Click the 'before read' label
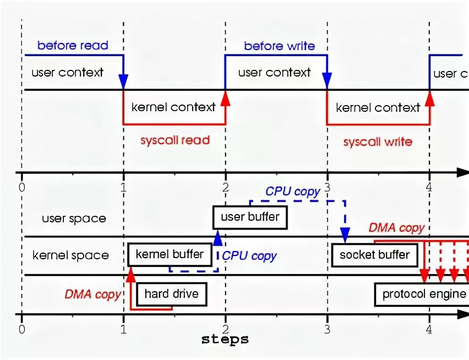click(73, 46)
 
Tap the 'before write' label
click(280, 46)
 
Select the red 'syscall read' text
click(175, 140)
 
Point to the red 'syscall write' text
click(378, 141)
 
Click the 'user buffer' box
click(250, 217)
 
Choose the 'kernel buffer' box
click(170, 255)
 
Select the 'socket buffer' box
click(374, 255)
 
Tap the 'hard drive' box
click(172, 294)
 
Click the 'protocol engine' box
click(422, 294)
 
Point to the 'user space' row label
click(74, 219)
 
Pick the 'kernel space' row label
click(70, 255)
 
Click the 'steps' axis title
click(225, 340)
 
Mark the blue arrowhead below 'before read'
click(123, 81)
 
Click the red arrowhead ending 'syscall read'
click(226, 98)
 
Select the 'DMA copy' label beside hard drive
click(92, 294)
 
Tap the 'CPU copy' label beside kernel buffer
click(249, 256)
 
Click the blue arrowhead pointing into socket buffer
click(345, 235)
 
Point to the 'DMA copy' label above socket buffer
click(396, 228)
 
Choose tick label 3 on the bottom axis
click(327, 330)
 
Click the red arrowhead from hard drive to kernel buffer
click(130, 275)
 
